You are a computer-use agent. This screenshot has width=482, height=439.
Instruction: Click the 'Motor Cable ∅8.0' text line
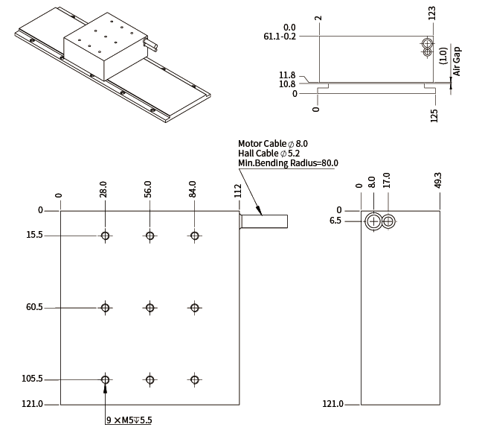click(x=272, y=143)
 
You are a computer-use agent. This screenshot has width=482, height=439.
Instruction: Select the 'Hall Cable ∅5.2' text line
click(x=270, y=153)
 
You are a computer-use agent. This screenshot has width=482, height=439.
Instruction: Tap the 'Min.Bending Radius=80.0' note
click(x=288, y=162)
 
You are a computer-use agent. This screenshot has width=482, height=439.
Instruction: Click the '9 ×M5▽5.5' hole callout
click(x=129, y=420)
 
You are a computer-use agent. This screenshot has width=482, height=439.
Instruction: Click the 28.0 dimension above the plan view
click(x=103, y=189)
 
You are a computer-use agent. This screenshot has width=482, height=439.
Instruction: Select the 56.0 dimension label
click(x=148, y=189)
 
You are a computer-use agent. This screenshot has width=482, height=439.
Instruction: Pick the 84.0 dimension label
click(x=193, y=189)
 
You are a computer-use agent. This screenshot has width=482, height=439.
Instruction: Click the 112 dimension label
click(x=238, y=190)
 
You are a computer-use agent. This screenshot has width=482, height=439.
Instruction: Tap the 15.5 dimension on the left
click(x=35, y=235)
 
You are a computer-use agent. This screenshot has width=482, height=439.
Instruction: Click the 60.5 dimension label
click(x=35, y=307)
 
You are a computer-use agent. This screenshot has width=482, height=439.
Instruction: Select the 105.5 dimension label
click(x=33, y=379)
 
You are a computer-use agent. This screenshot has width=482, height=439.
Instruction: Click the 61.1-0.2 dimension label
click(x=280, y=36)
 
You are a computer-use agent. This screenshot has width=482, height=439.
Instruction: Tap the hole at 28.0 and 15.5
click(x=106, y=236)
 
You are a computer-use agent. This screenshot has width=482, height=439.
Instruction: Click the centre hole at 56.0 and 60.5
click(x=150, y=308)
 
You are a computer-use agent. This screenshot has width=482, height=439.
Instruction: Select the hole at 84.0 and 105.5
click(x=195, y=379)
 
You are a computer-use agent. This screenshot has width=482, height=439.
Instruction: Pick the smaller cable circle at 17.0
click(x=388, y=221)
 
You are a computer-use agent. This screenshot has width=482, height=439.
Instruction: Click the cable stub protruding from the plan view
click(x=264, y=221)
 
